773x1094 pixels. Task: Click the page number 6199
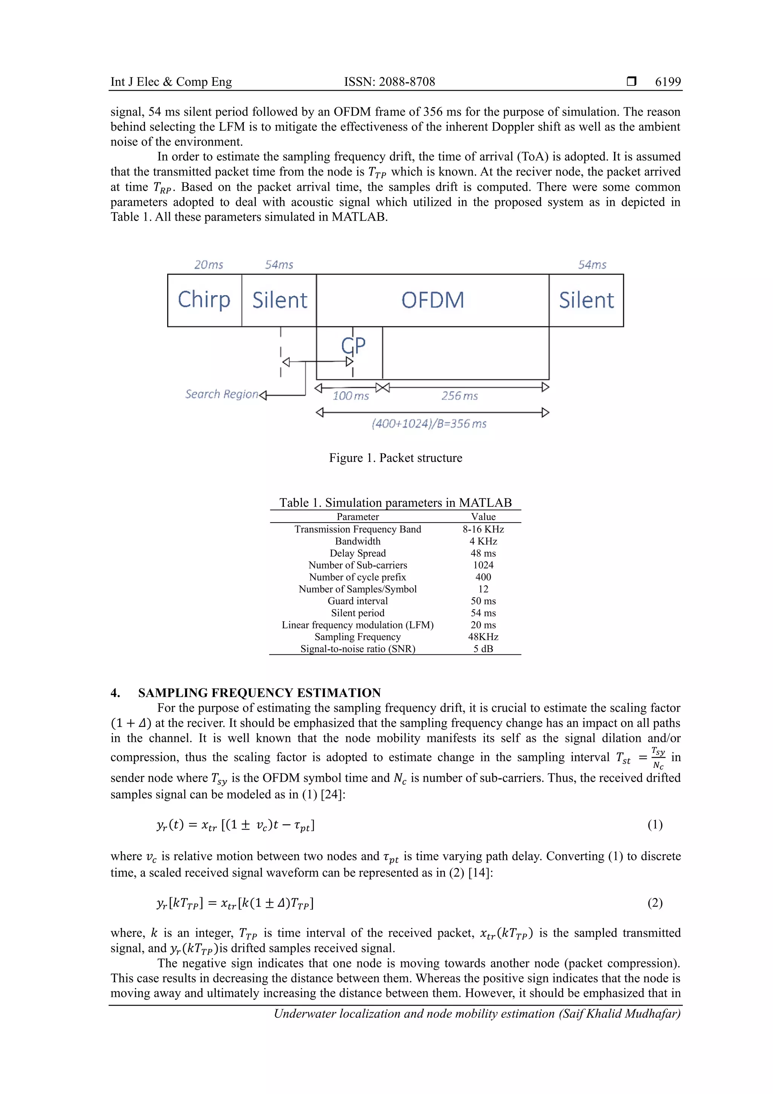point(668,82)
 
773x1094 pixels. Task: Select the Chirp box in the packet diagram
point(204,300)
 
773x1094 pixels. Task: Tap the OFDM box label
point(432,300)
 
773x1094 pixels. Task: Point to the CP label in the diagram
point(353,346)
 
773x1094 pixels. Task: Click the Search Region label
point(222,394)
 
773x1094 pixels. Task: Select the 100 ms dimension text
point(351,396)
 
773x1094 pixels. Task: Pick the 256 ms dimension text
point(459,396)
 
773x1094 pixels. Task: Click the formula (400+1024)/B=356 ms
point(429,424)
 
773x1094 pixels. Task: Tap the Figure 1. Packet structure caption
point(395,458)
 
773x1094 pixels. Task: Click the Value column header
point(483,517)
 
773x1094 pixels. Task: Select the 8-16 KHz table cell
point(483,529)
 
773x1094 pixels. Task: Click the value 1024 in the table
point(483,565)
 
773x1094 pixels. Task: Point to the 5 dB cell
point(483,648)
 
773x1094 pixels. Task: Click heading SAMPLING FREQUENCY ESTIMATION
point(259,693)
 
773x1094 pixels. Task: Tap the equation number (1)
point(655,825)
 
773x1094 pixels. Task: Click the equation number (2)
point(655,903)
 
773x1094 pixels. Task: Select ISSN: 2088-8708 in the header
point(389,82)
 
